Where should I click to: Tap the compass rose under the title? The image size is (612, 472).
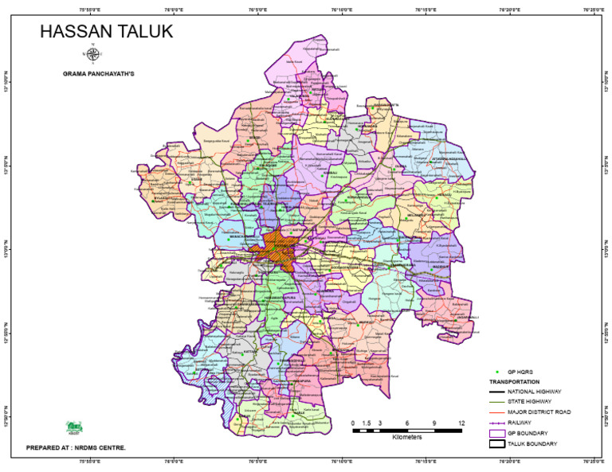(x=92, y=55)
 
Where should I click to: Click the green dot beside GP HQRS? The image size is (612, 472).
(x=497, y=372)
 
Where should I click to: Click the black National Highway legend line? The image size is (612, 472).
(x=497, y=392)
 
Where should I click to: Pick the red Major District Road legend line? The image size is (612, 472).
(x=497, y=412)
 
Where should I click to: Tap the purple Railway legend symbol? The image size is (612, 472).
(x=497, y=422)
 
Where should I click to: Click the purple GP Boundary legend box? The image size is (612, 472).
(x=497, y=432)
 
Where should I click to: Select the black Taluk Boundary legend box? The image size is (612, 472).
(x=497, y=443)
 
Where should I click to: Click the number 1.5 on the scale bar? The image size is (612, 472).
(x=367, y=423)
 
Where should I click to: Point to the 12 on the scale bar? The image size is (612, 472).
(x=461, y=423)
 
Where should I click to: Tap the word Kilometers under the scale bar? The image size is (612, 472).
(x=407, y=438)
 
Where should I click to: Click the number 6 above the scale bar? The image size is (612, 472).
(x=407, y=423)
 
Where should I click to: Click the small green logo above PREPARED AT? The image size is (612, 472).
(x=73, y=427)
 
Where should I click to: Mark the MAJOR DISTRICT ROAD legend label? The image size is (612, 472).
(x=539, y=412)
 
